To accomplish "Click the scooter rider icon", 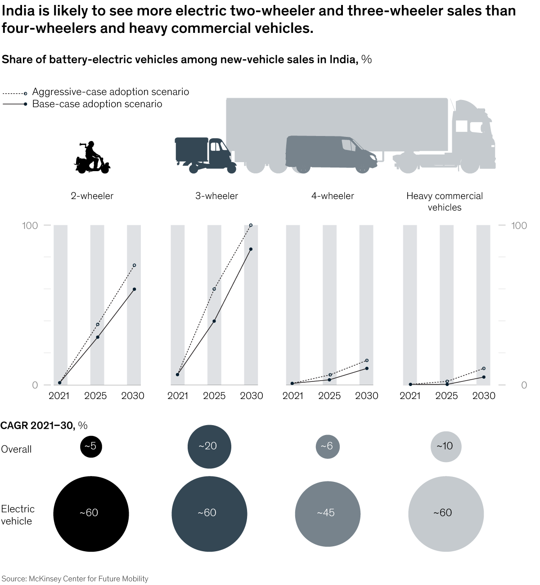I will pyautogui.click(x=92, y=158).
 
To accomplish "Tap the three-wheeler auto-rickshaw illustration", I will pyautogui.click(x=205, y=154).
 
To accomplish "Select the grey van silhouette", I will pyautogui.click(x=331, y=153).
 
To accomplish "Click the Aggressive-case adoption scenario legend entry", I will pyautogui.click(x=110, y=92).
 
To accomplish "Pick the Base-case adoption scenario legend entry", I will pyautogui.click(x=97, y=104).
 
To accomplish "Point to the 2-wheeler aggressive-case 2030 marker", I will pyautogui.click(x=135, y=265).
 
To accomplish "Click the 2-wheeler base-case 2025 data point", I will pyautogui.click(x=98, y=337).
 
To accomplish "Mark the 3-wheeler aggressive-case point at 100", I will pyautogui.click(x=251, y=225).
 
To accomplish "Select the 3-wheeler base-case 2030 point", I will pyautogui.click(x=251, y=249).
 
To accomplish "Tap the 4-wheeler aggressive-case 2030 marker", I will pyautogui.click(x=367, y=360).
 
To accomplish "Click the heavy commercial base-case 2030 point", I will pyautogui.click(x=484, y=377).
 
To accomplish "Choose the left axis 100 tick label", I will pyautogui.click(x=30, y=225).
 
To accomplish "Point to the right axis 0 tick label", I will pyautogui.click(x=524, y=385).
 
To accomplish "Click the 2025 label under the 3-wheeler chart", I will pyautogui.click(x=214, y=396).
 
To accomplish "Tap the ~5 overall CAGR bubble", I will pyautogui.click(x=91, y=446).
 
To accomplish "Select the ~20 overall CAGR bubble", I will pyautogui.click(x=209, y=446).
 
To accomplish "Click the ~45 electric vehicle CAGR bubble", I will pyautogui.click(x=328, y=513).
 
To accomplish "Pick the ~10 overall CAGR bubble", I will pyautogui.click(x=445, y=446).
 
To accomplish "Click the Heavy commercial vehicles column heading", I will pyautogui.click(x=445, y=201).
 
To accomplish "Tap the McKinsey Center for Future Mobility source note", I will pyautogui.click(x=75, y=579).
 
